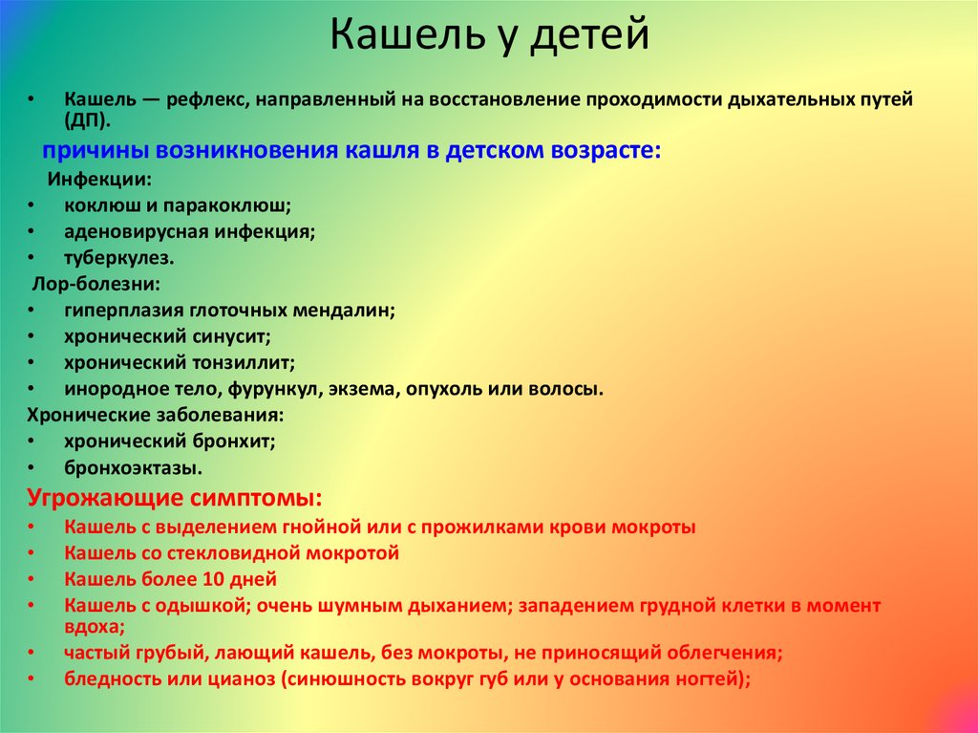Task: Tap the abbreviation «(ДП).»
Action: pos(87,120)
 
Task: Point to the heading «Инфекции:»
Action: pos(99,180)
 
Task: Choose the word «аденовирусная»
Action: pos(137,231)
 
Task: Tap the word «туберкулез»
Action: pos(118,258)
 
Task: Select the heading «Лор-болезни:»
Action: pos(96,284)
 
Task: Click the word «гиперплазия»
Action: pos(123,311)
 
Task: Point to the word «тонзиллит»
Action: pos(244,363)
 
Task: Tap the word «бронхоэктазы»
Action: pos(133,467)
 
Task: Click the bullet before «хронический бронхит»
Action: pos(32,442)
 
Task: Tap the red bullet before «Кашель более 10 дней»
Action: pos(32,579)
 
